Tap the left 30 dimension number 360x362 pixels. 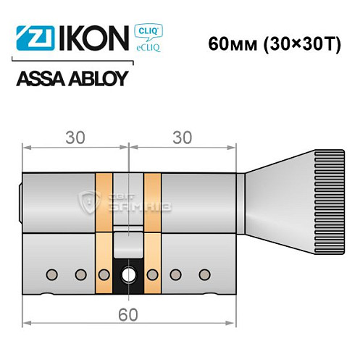coord(72,135)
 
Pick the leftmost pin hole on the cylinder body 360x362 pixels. coord(51,274)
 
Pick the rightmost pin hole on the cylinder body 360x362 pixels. coord(205,274)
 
